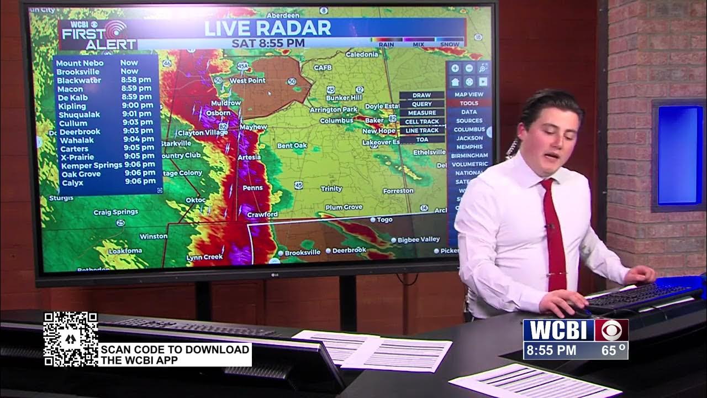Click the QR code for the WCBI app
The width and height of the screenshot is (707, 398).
tap(71, 338)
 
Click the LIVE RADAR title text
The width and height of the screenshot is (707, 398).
tap(268, 28)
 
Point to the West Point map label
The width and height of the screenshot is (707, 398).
tap(247, 81)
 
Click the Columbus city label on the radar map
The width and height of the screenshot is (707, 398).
tap(336, 121)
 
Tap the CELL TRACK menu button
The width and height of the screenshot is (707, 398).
tap(422, 122)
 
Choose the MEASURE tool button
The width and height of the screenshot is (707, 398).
tap(422, 113)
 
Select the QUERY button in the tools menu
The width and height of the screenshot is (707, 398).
tap(422, 104)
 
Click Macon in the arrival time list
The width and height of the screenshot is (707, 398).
tap(70, 89)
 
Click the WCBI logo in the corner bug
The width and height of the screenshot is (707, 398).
tap(558, 330)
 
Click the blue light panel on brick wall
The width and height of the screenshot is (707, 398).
tap(679, 155)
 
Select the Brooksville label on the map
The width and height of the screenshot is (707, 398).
tap(302, 252)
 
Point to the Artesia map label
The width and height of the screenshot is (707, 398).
tap(249, 158)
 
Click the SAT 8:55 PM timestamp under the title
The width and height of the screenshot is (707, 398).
tap(268, 43)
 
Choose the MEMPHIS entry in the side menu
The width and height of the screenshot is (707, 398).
tap(469, 147)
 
